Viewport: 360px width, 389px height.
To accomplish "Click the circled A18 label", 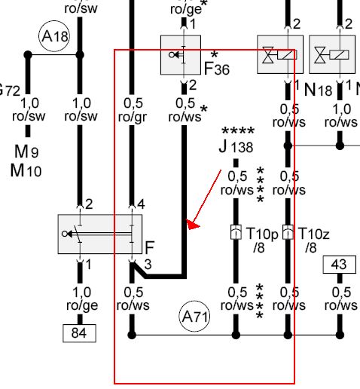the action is click(54, 36).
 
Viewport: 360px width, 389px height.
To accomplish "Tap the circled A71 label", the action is click(194, 316).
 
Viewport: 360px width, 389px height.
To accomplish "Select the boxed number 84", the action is click(79, 333).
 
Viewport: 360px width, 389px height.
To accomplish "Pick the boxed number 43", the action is click(339, 265).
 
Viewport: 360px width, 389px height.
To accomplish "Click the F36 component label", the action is click(217, 69).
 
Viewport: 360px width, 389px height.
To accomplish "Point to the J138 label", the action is click(236, 146).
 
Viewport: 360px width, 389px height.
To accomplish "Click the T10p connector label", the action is click(262, 234).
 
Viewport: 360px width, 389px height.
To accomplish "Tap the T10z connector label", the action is click(314, 234).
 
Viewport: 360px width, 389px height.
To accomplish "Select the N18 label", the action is click(318, 90).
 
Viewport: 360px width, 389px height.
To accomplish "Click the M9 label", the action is click(26, 152).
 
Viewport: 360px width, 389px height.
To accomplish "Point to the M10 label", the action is click(26, 170).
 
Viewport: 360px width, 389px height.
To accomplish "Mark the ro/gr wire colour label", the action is click(133, 117).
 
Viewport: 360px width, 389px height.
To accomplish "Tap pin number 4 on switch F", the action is click(141, 204).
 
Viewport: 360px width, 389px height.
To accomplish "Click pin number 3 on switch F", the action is click(148, 265).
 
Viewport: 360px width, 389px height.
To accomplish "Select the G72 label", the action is click(10, 90).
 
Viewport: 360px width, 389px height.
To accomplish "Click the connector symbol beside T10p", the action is click(236, 232).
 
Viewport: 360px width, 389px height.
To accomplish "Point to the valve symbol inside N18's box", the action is click(268, 55).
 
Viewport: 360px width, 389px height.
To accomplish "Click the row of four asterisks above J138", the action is click(238, 131).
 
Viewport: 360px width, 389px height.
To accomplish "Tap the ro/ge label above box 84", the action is click(82, 305).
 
